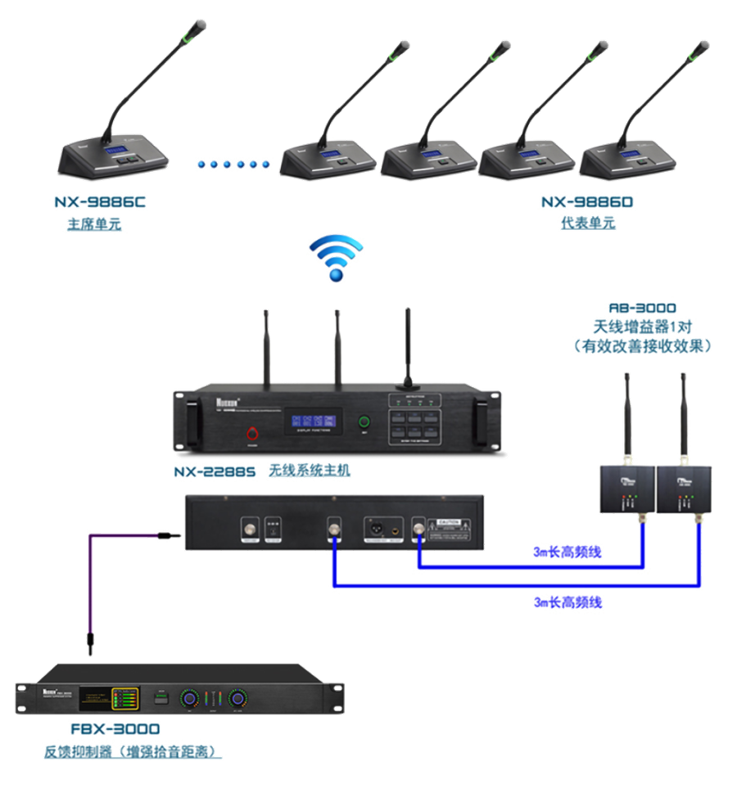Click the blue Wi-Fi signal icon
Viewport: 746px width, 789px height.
335,258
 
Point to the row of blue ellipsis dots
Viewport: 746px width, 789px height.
233,165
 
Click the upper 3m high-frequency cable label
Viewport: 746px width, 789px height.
567,553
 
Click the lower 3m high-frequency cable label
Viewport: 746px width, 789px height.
567,602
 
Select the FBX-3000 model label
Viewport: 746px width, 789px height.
114,728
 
